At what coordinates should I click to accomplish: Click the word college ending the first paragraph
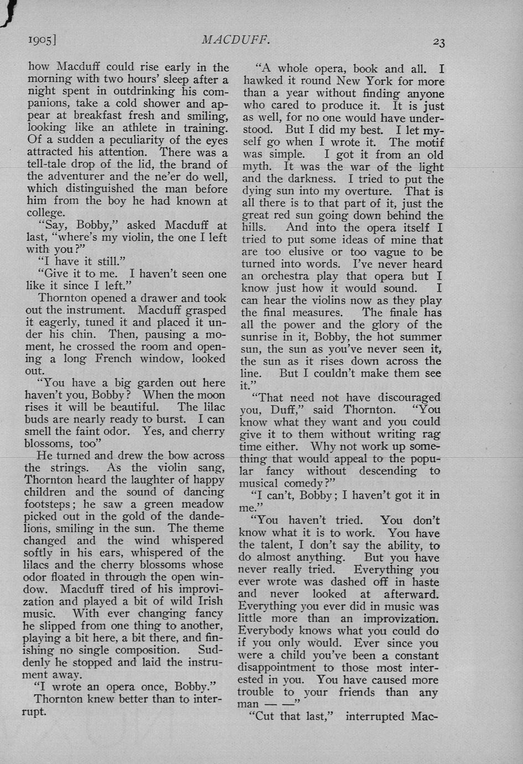coord(45,213)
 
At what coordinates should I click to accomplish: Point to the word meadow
coord(203,504)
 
